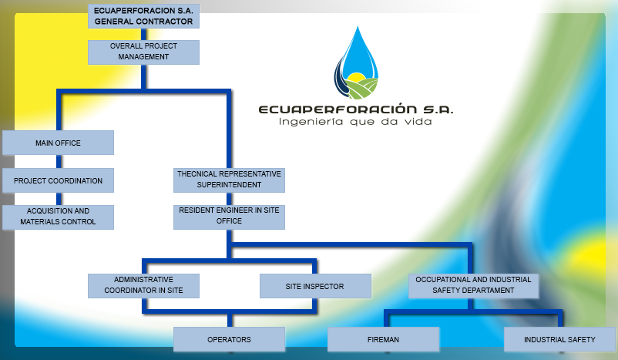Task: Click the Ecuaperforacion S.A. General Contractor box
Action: (144, 16)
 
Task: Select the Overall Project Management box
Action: (144, 52)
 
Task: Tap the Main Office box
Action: (58, 143)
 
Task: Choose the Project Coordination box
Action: (58, 180)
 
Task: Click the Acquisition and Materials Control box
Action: (58, 217)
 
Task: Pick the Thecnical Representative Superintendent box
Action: (229, 180)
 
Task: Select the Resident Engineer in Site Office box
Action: (229, 216)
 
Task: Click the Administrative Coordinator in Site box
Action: (144, 285)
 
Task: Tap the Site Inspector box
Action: (315, 286)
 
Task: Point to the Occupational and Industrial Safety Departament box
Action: (472, 285)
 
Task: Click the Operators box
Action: (229, 339)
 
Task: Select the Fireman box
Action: (383, 339)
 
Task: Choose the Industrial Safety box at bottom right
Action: (559, 339)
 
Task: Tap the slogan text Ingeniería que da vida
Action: (355, 122)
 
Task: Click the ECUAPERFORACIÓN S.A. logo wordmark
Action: (356, 109)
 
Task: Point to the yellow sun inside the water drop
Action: (357, 78)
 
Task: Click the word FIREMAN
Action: (383, 339)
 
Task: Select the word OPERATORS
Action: (229, 339)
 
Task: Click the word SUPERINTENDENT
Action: (229, 185)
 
